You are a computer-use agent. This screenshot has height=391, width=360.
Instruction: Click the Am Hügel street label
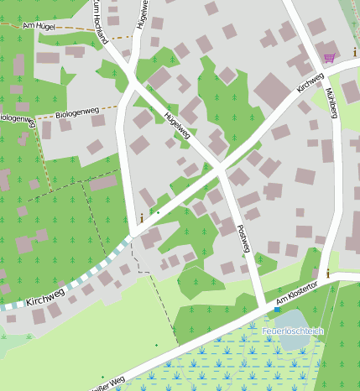coord(38,27)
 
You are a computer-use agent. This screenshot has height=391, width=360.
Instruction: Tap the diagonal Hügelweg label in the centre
coord(177,125)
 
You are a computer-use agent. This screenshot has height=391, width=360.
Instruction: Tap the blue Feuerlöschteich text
coord(291,331)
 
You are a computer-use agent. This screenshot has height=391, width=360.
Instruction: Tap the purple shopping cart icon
coord(329,58)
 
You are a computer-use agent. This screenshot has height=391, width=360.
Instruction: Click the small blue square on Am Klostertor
coord(277,310)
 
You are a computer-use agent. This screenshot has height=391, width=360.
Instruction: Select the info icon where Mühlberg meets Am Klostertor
coord(327,274)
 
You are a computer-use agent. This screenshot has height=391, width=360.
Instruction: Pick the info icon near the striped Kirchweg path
coord(141,218)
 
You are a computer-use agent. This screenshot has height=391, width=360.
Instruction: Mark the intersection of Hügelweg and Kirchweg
coord(220,169)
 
